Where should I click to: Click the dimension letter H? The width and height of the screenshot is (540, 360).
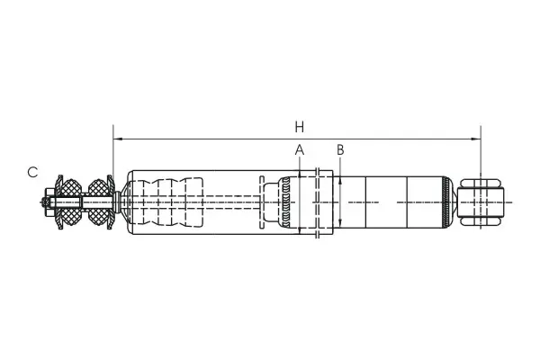click(x=300, y=127)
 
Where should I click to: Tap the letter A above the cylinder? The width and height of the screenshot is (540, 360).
click(x=300, y=150)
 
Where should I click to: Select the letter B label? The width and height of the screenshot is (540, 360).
click(x=340, y=150)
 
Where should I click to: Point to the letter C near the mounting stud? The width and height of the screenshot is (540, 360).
click(x=32, y=172)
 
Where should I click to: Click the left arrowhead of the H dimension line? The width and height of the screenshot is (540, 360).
click(x=117, y=139)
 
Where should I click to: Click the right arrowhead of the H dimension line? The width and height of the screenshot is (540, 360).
click(x=476, y=139)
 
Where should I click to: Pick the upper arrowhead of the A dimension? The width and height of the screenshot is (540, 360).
click(x=300, y=175)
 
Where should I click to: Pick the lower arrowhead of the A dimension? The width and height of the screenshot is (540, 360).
click(x=300, y=230)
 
